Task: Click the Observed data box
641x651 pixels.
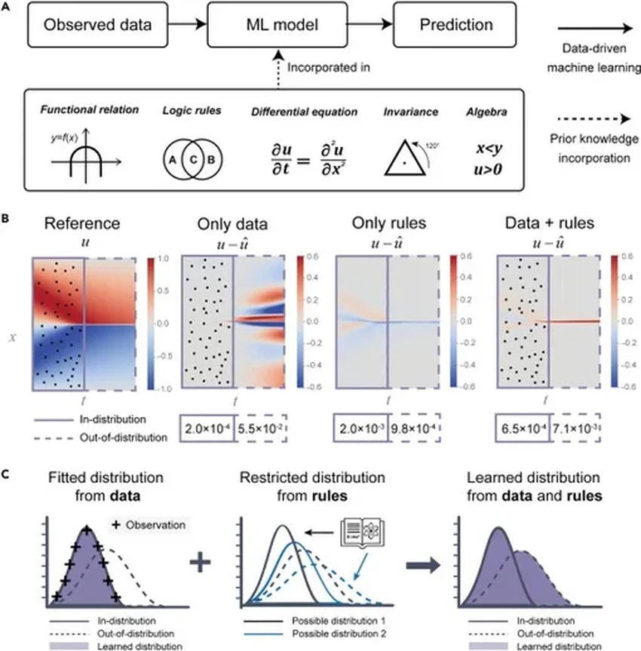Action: pos(98,24)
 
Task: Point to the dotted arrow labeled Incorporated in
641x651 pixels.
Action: pos(278,66)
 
